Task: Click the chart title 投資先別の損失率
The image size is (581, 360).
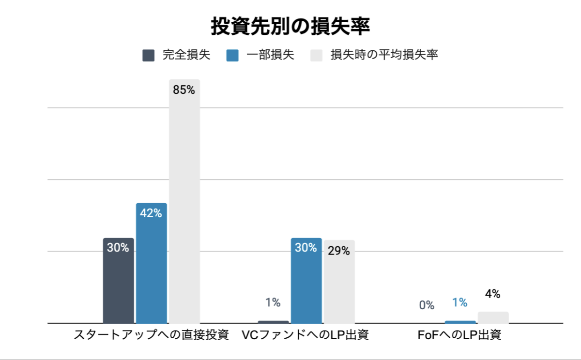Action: (290, 27)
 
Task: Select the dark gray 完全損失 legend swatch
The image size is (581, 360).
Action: (148, 55)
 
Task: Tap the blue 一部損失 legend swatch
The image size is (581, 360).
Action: (232, 55)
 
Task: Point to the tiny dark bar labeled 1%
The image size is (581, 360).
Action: (273, 322)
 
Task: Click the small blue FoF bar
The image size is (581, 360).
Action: (460, 322)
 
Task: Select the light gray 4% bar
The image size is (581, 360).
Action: (493, 317)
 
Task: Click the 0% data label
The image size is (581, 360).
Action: (427, 305)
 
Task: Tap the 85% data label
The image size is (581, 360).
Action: (184, 90)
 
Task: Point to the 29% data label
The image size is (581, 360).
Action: (339, 251)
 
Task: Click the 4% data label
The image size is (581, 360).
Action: (493, 294)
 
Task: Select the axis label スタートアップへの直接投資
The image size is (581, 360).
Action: (151, 335)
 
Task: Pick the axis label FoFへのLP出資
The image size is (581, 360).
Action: (459, 335)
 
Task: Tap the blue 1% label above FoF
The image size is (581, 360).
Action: (459, 303)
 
